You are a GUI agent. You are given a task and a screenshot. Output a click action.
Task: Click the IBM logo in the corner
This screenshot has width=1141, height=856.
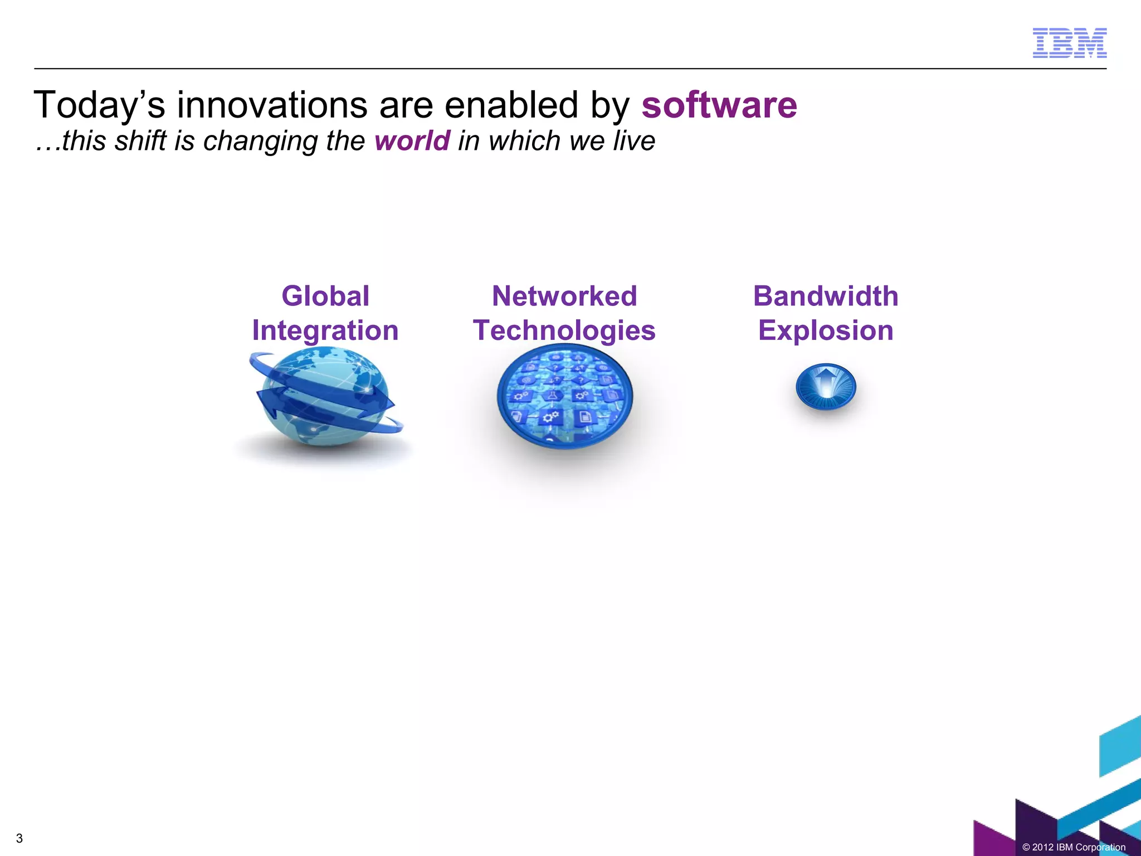point(1069,43)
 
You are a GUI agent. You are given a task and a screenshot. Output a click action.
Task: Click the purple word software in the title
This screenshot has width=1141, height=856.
point(719,105)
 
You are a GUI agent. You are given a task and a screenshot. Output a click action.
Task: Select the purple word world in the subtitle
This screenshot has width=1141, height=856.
point(412,140)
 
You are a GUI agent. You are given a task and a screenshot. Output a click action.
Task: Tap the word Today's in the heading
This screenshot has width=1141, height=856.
point(100,106)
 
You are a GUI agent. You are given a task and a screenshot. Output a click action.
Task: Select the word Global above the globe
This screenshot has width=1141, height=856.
point(325,296)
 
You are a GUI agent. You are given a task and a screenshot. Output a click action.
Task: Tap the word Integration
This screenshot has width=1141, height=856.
point(325,331)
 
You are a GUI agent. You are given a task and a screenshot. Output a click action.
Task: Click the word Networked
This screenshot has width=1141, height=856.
point(564,296)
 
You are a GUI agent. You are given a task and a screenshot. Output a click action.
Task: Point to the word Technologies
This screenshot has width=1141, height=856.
point(564,331)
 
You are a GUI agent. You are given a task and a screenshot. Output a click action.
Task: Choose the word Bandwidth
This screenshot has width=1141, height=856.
point(826,296)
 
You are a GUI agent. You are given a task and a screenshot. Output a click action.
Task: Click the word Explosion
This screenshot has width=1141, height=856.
point(826,330)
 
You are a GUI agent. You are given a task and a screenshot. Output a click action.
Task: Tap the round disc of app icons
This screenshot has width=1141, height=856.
point(564,397)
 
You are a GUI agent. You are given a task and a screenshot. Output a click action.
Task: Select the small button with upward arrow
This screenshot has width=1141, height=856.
point(826,387)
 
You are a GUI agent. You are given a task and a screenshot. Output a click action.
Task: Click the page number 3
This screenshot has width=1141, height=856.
point(19,838)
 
